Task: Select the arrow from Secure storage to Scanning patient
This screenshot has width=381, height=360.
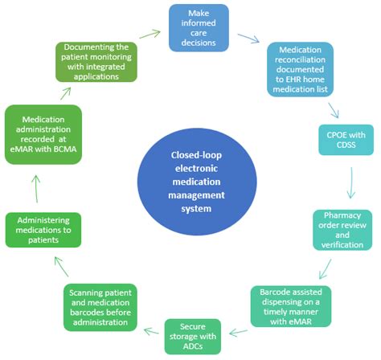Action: [150, 329]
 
